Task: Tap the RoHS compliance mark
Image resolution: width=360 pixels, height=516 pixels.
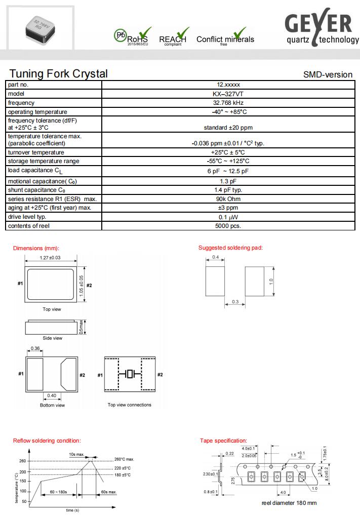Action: click(133, 36)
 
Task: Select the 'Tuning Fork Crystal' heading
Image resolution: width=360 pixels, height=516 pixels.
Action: click(59, 73)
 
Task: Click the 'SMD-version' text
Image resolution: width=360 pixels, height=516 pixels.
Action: click(328, 74)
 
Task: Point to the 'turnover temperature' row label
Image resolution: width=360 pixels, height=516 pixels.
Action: click(36, 152)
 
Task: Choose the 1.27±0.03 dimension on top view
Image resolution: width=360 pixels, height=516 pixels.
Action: click(50, 258)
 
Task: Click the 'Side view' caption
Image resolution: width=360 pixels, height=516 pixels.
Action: click(52, 338)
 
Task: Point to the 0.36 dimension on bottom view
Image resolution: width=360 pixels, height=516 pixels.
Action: click(35, 348)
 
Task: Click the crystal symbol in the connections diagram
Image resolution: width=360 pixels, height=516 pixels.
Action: click(129, 374)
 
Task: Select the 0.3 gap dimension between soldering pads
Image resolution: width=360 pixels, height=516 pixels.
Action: click(235, 302)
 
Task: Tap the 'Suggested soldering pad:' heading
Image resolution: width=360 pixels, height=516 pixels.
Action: click(230, 248)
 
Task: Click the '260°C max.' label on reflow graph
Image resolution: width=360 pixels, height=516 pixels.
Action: click(124, 459)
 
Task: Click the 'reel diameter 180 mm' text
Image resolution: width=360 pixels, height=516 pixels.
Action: click(289, 503)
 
